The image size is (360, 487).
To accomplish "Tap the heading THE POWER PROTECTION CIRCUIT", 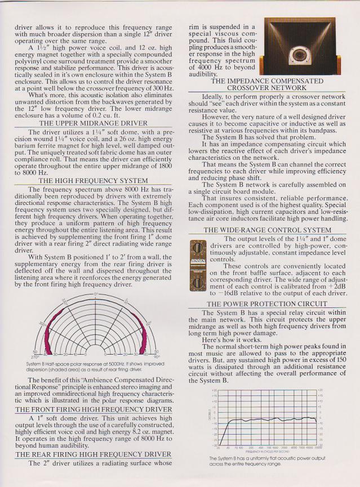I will pos(266,305).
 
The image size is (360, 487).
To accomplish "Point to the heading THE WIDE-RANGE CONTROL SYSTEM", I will pos(266,230).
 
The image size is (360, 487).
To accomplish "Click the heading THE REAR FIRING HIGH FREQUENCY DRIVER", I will pos(93,454).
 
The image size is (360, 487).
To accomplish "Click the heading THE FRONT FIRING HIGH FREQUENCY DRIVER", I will pos(93,409).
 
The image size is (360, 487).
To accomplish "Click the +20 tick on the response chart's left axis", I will pos(214,390).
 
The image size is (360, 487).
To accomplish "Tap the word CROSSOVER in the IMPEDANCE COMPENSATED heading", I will pos(246,88).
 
